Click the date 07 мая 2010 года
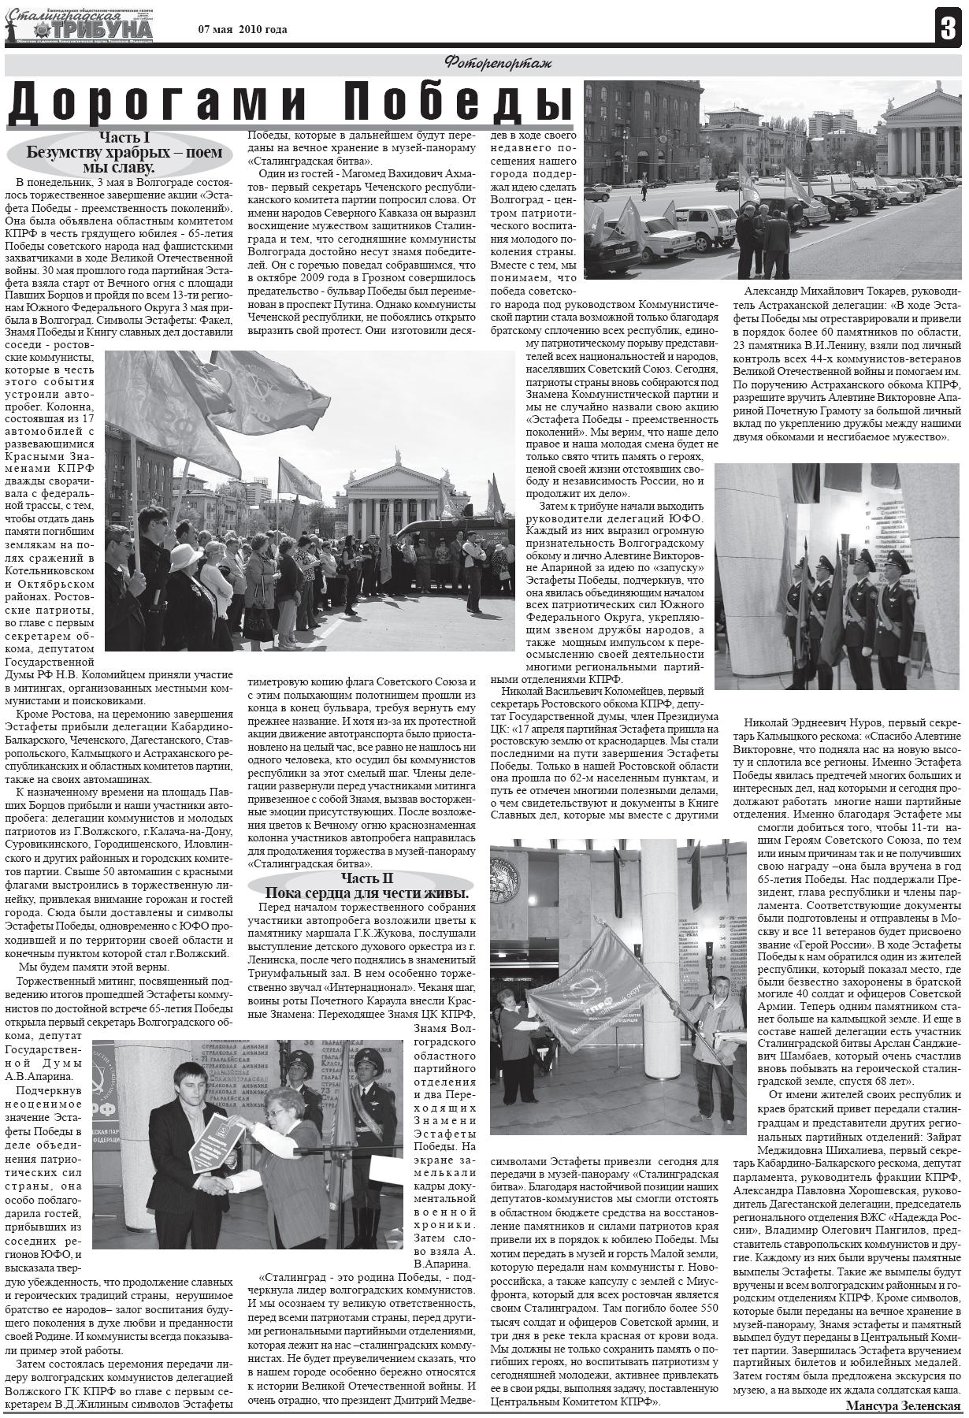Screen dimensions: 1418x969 click(x=243, y=30)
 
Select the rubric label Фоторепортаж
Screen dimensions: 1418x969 click(x=497, y=64)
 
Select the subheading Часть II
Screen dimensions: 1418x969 click(x=366, y=878)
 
